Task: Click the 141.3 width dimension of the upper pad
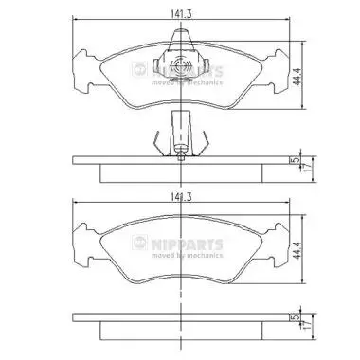pos(181,14)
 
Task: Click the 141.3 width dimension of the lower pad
pos(181,197)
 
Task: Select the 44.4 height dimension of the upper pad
pos(296,76)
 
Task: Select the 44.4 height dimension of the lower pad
pos(296,250)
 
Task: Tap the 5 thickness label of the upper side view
pos(296,160)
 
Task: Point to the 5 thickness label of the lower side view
pos(296,317)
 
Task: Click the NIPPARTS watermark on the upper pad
pos(177,70)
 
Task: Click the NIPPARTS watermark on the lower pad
pos(177,243)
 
